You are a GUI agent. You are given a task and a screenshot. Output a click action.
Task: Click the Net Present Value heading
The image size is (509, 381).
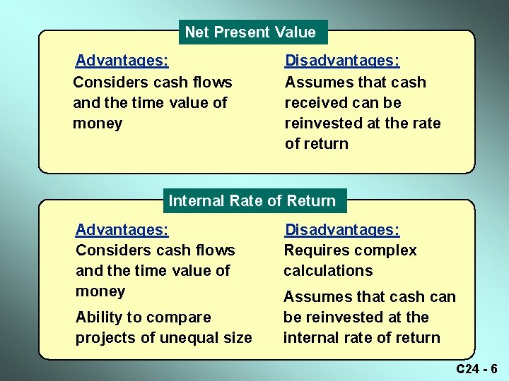point(250,32)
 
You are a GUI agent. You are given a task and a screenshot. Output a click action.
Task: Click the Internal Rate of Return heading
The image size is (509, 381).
point(252,200)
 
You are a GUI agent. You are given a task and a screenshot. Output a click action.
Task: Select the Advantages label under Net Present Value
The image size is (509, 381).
point(122,61)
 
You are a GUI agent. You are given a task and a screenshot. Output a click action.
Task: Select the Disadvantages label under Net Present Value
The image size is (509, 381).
point(341,61)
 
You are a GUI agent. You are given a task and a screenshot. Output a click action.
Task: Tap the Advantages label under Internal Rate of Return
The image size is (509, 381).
point(122,229)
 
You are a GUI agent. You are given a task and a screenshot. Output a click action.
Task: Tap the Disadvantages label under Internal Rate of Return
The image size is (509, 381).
point(341,229)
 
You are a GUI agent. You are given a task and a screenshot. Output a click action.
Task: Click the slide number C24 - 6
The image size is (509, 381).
point(476,368)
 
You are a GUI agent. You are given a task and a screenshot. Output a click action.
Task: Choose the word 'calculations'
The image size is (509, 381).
point(328,271)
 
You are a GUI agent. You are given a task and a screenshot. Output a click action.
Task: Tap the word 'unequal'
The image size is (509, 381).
point(190,338)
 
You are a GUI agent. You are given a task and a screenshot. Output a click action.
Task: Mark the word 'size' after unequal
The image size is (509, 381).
point(238,338)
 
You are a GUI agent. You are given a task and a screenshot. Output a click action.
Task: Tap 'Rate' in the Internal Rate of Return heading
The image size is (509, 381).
point(247,200)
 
